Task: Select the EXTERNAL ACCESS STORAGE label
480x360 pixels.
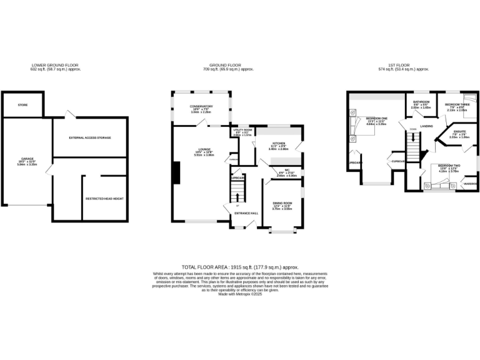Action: coord(90,137)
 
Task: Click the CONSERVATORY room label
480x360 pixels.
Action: coord(202,106)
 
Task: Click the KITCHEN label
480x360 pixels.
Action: coord(278,144)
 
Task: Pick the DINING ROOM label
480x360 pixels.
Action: coord(282,203)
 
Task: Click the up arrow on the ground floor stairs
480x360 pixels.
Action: coord(237,197)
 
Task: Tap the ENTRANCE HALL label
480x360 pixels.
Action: coord(246,213)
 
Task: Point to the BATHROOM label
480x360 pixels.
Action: coord(421,102)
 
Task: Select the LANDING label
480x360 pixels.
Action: coord(427,126)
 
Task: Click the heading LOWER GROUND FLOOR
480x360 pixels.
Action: coord(56,65)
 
